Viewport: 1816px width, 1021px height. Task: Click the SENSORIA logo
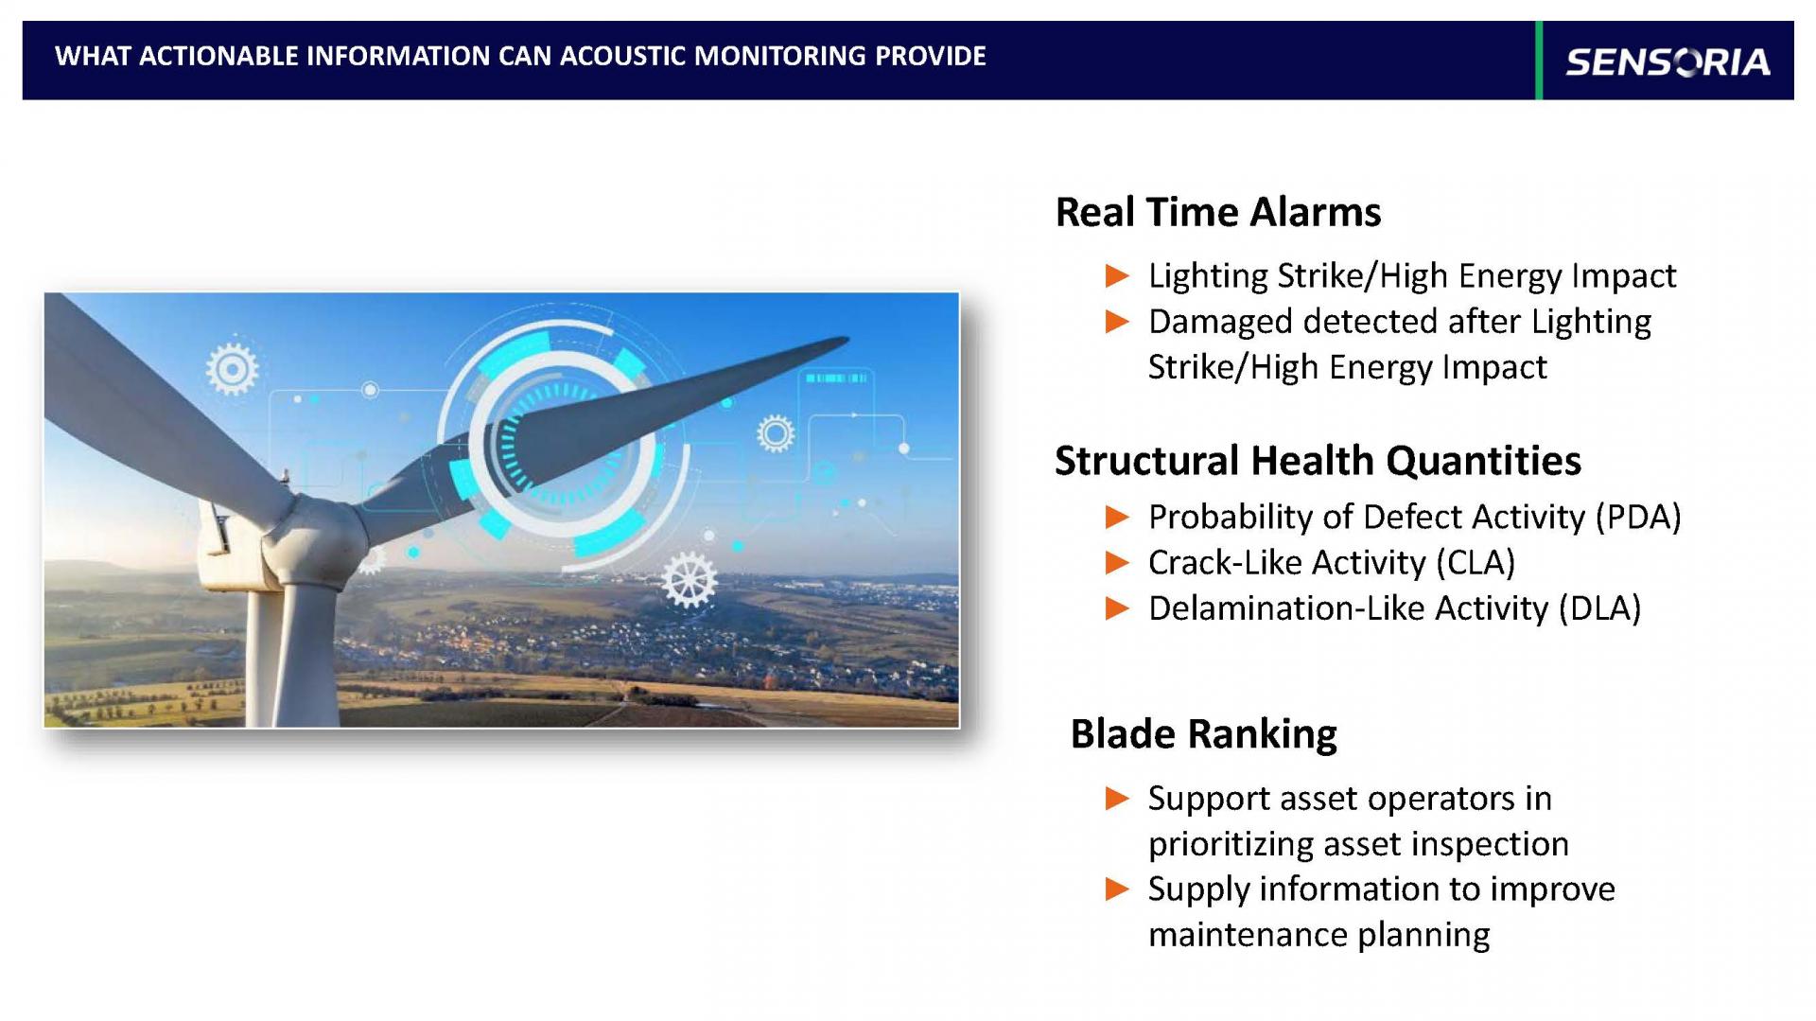point(1668,62)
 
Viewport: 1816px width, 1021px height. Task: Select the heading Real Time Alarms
point(1218,212)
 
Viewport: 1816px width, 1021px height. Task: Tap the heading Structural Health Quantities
point(1318,461)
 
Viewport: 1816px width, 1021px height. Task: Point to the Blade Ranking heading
point(1203,734)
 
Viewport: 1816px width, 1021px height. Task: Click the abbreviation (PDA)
point(1638,517)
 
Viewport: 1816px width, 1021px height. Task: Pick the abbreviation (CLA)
point(1475,562)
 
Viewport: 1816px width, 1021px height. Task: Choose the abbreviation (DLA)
point(1599,607)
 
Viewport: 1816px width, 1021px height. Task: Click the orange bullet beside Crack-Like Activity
point(1117,563)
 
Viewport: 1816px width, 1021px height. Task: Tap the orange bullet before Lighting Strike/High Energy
point(1117,276)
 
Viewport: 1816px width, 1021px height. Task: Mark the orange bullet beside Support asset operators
point(1117,799)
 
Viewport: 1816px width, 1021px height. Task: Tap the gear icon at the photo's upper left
point(232,368)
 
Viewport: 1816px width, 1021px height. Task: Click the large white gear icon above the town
point(689,579)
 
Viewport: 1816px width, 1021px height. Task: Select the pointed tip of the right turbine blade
point(847,340)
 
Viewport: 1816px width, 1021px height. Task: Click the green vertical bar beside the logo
point(1540,61)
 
